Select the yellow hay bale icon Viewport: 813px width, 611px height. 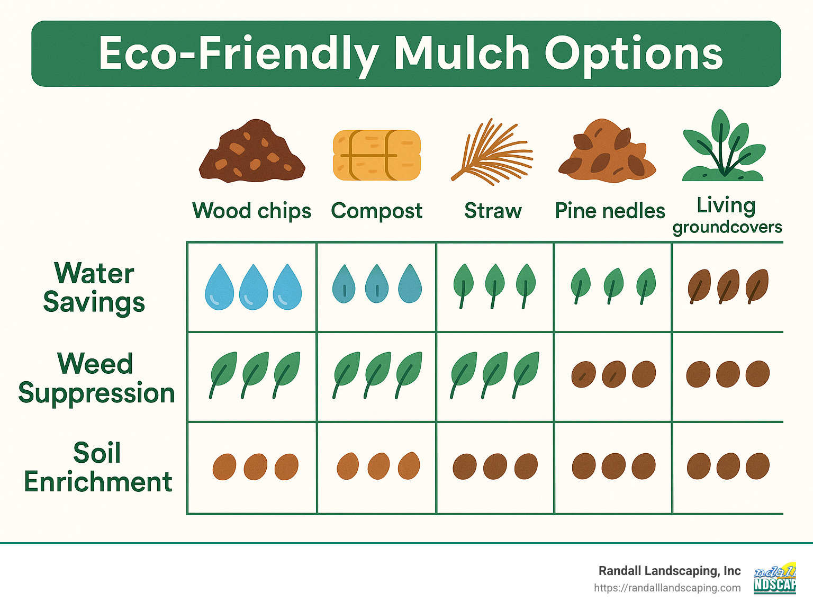click(376, 155)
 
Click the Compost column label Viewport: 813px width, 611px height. click(376, 211)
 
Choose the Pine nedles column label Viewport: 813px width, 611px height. click(610, 211)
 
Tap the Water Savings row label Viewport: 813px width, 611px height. click(94, 287)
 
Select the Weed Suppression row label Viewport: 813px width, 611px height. click(96, 378)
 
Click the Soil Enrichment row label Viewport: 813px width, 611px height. click(98, 468)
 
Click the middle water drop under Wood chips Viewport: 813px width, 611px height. click(253, 286)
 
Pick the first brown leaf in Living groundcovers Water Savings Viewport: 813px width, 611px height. click(699, 286)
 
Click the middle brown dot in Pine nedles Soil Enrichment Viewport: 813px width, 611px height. click(613, 466)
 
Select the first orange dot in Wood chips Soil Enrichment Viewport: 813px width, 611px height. click(224, 466)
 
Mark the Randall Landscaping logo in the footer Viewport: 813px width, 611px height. click(774, 578)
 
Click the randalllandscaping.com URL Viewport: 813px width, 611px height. click(667, 588)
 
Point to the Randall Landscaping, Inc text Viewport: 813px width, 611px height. click(669, 571)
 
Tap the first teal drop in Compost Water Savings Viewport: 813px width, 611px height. click(344, 284)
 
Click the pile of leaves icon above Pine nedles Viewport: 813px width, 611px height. click(607, 151)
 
